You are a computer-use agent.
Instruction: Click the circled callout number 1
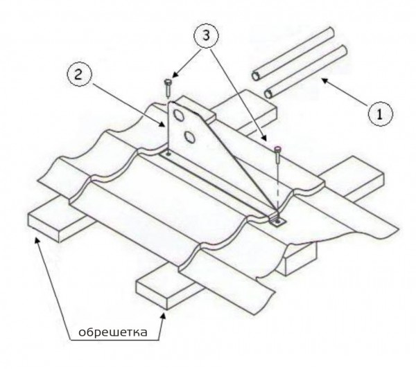(x=381, y=114)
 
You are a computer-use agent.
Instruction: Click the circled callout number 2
(x=79, y=75)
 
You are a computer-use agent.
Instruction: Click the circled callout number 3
(x=206, y=35)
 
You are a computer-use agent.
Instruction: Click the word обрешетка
(x=113, y=332)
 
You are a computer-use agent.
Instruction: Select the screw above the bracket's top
(x=168, y=88)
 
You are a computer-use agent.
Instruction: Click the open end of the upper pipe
(x=256, y=76)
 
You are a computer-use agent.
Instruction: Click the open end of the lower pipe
(x=268, y=94)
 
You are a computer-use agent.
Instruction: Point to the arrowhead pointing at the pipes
(x=326, y=81)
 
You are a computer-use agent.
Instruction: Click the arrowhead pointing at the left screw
(x=175, y=75)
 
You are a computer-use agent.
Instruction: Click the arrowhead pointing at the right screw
(x=264, y=138)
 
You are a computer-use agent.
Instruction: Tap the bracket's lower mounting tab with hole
(x=278, y=221)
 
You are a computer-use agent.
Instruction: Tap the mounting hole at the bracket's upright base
(x=168, y=153)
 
